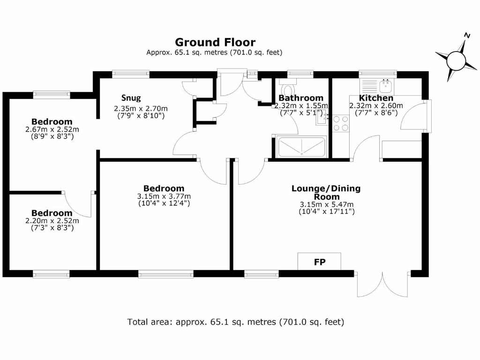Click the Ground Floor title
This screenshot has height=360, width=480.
click(215, 43)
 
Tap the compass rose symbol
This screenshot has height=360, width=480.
click(455, 60)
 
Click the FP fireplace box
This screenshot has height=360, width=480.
click(319, 262)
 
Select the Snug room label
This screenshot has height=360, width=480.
click(131, 98)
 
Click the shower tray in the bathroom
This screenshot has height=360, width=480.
click(301, 147)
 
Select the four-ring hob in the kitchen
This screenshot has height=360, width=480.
click(340, 123)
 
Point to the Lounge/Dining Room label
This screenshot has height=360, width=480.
click(326, 193)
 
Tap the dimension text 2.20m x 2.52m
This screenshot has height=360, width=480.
click(52, 221)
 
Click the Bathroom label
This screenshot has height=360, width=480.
click(301, 98)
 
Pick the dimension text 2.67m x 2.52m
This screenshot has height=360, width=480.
click(52, 129)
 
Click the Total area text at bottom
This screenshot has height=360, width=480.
click(236, 322)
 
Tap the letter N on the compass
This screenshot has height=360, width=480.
click(467, 35)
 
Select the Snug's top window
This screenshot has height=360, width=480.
click(131, 73)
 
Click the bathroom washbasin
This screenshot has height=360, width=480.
click(322, 118)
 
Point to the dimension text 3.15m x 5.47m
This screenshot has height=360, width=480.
click(326, 204)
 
